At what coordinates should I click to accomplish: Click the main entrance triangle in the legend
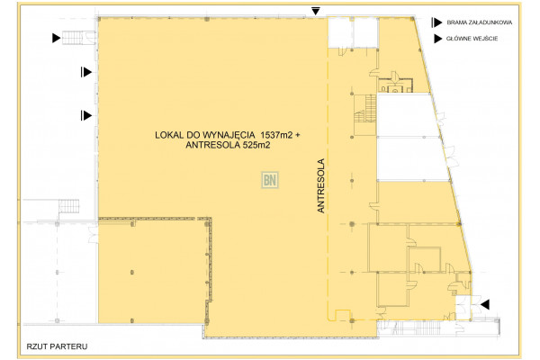click(438, 39)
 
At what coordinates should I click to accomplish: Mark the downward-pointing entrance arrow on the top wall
click(315, 10)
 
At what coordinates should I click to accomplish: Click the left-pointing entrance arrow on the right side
click(485, 304)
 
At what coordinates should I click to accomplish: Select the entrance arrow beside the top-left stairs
click(57, 38)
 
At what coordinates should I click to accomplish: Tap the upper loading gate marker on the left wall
click(85, 71)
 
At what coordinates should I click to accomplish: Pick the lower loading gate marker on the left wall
click(85, 114)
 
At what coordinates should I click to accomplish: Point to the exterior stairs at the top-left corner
click(84, 37)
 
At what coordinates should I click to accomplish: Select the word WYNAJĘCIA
click(230, 135)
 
